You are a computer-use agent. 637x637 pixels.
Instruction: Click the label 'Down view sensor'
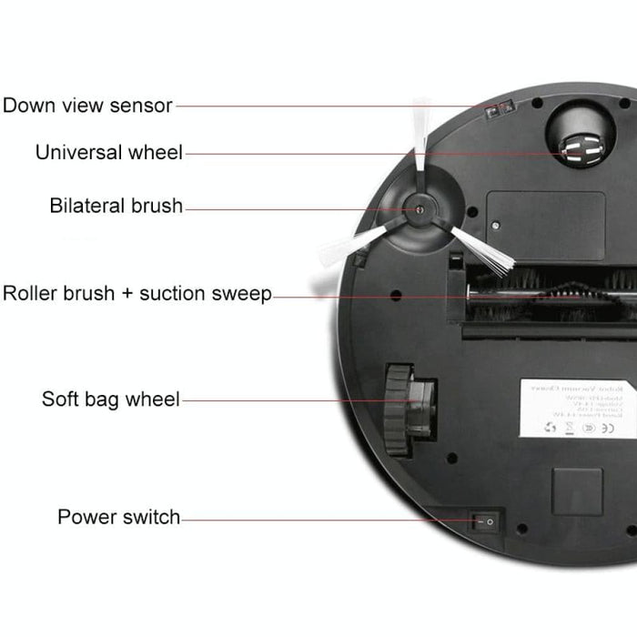click(x=87, y=106)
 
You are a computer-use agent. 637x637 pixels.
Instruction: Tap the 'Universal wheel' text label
click(x=109, y=152)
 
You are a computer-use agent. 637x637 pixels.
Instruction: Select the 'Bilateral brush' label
click(x=116, y=206)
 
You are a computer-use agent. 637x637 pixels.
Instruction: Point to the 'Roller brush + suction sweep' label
click(x=137, y=294)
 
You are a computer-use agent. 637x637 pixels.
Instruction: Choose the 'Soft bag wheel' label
click(x=111, y=399)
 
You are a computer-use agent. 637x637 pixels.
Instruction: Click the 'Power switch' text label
click(x=118, y=517)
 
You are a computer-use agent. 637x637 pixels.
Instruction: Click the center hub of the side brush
click(x=420, y=208)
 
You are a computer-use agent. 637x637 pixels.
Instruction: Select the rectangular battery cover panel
click(x=546, y=213)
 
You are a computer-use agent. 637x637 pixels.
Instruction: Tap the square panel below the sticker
click(x=577, y=492)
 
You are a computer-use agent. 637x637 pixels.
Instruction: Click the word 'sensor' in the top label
click(x=141, y=106)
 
